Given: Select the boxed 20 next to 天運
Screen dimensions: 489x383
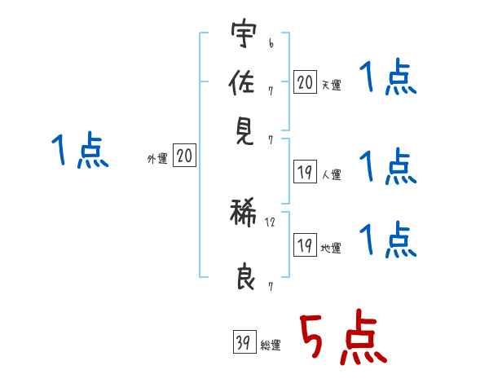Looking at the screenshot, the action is click(304, 81).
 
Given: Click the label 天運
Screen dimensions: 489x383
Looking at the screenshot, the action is click(330, 85).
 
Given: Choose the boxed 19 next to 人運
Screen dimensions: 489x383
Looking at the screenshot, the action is click(304, 171).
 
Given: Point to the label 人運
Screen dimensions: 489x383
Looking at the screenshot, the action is click(330, 174).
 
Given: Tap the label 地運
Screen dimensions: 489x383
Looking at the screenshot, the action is click(330, 248).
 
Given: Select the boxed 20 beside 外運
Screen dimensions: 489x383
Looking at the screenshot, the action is click(185, 156).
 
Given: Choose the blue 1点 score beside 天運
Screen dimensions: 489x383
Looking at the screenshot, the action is click(388, 80).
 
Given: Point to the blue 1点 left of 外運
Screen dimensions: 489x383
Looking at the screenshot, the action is click(80, 152).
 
